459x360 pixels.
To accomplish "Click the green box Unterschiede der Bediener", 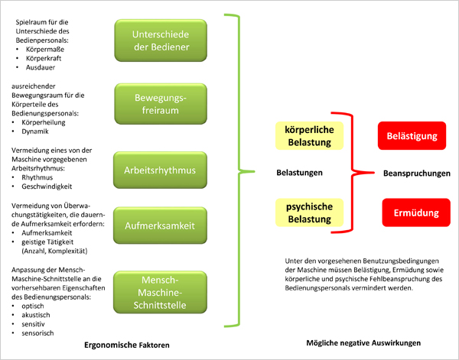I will (x=150, y=41).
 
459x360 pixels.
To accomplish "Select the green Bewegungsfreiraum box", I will (x=150, y=104).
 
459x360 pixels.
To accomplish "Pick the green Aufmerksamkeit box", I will (x=150, y=227).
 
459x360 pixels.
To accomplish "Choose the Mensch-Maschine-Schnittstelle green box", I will (x=150, y=291).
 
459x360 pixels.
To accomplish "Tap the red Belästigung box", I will (x=412, y=136).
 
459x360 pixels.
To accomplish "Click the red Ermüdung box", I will (x=412, y=212).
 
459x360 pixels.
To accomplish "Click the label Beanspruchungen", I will (x=409, y=174).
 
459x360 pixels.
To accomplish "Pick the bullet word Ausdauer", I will (x=41, y=66).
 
